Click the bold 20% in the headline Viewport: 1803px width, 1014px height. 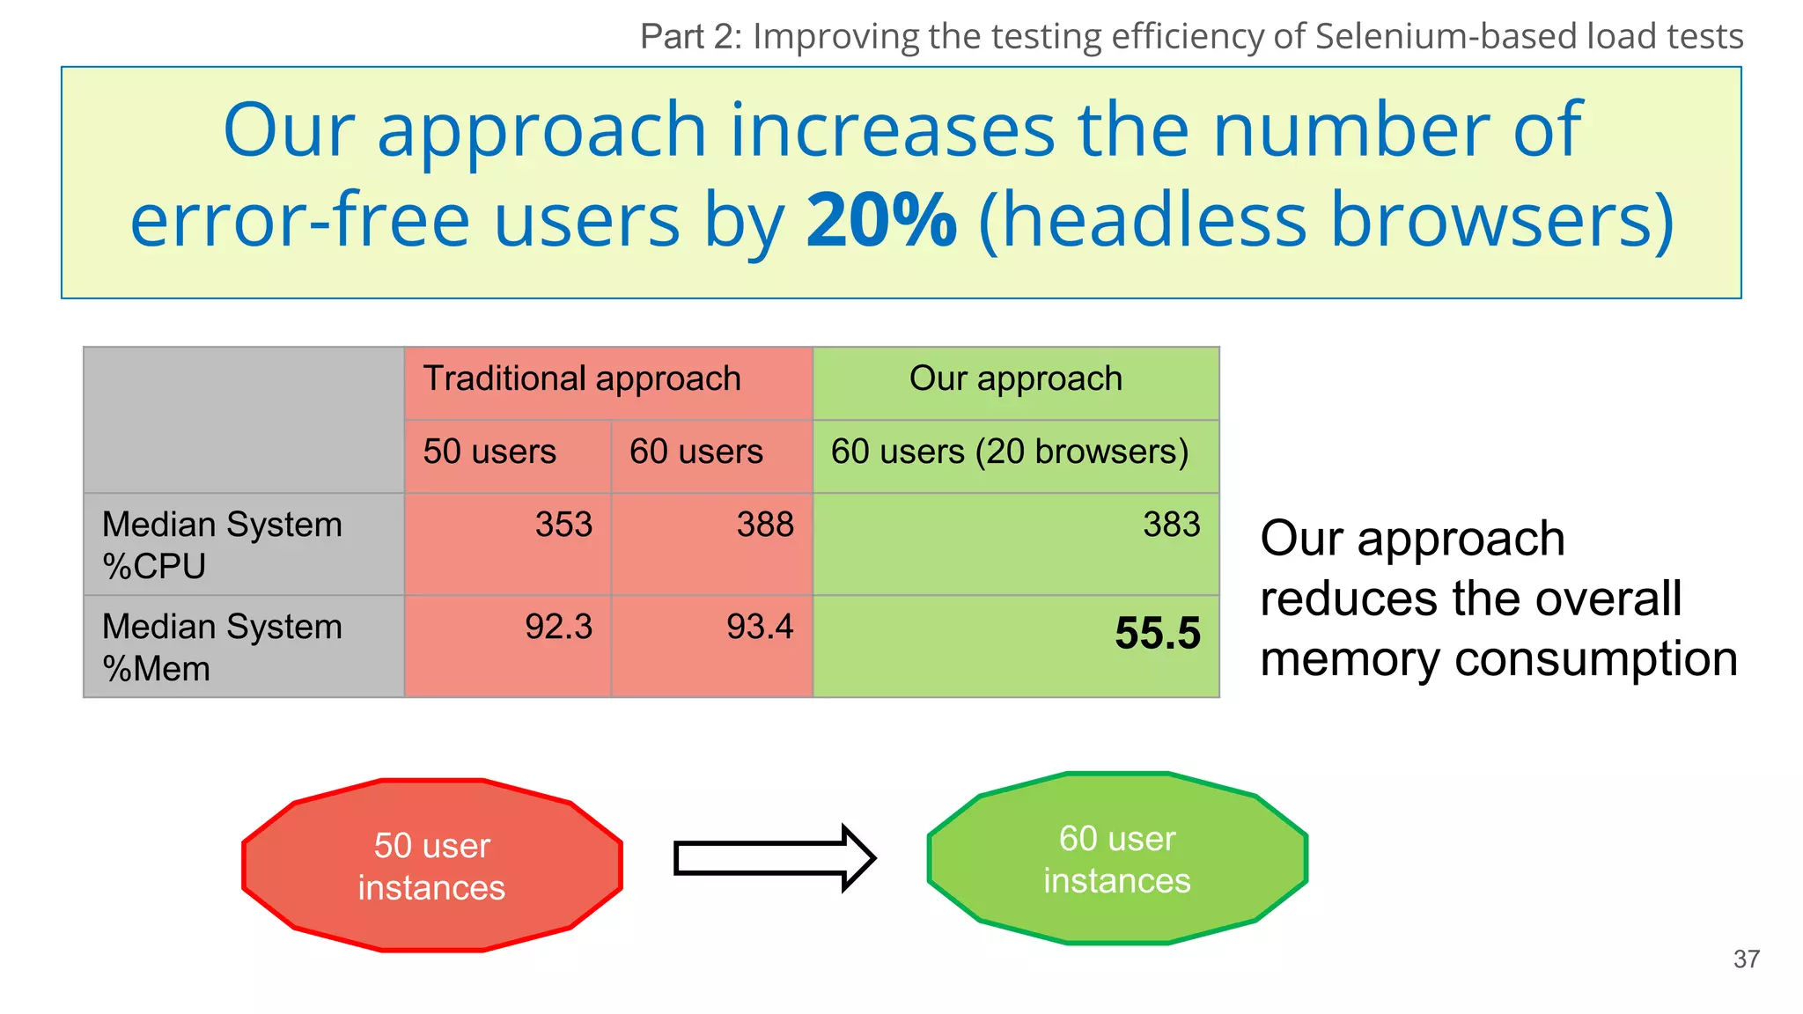881,220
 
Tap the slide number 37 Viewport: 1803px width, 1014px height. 1746,959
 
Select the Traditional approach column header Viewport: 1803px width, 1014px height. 582,379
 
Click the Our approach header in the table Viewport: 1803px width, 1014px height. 1015,379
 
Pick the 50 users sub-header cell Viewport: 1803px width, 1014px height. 489,452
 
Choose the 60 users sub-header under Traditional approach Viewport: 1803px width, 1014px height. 695,452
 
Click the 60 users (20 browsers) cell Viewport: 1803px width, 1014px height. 1010,452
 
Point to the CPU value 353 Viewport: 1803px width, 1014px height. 563,525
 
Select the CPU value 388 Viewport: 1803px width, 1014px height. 764,525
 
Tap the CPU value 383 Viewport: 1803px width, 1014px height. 1171,525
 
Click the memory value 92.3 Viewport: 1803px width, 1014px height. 558,627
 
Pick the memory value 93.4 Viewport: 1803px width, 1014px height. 759,627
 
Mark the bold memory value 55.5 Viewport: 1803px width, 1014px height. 1157,634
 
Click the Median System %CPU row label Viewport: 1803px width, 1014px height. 222,545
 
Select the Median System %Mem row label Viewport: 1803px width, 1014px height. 222,647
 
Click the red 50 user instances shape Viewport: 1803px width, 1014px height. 431,865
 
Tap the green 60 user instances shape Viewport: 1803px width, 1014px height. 1116,858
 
